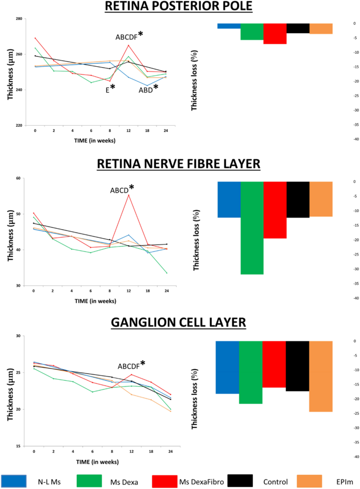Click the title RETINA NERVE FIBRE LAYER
point(179,164)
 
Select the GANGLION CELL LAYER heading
point(179,322)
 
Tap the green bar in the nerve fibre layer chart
point(252,228)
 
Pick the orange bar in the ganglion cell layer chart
point(321,376)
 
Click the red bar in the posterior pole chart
point(275,34)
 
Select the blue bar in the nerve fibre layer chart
point(229,199)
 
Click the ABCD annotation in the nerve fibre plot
point(122,190)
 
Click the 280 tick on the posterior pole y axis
point(19,19)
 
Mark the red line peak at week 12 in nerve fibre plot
point(129,195)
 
